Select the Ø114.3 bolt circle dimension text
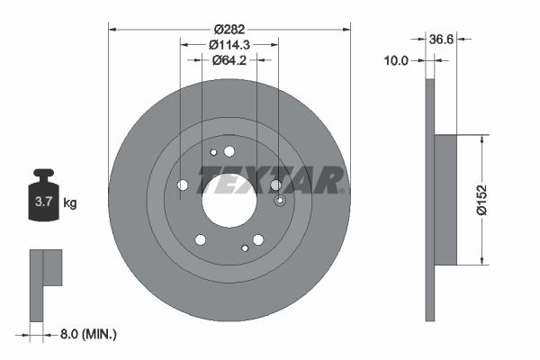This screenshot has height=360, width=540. point(229,44)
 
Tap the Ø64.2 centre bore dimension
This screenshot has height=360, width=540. point(229,60)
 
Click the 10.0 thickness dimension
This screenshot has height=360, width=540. point(396,60)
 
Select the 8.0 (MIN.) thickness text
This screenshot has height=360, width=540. point(87,334)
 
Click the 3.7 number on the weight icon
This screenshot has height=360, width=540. point(42,203)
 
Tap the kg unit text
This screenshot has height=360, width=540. point(69,203)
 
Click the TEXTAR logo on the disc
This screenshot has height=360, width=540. point(268,178)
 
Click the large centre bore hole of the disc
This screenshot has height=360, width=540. point(229,199)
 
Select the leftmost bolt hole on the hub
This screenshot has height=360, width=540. point(183,185)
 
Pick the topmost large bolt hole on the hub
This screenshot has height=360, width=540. point(229,152)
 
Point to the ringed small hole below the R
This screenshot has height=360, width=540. point(279,201)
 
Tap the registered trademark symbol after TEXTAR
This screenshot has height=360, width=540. point(343,190)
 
